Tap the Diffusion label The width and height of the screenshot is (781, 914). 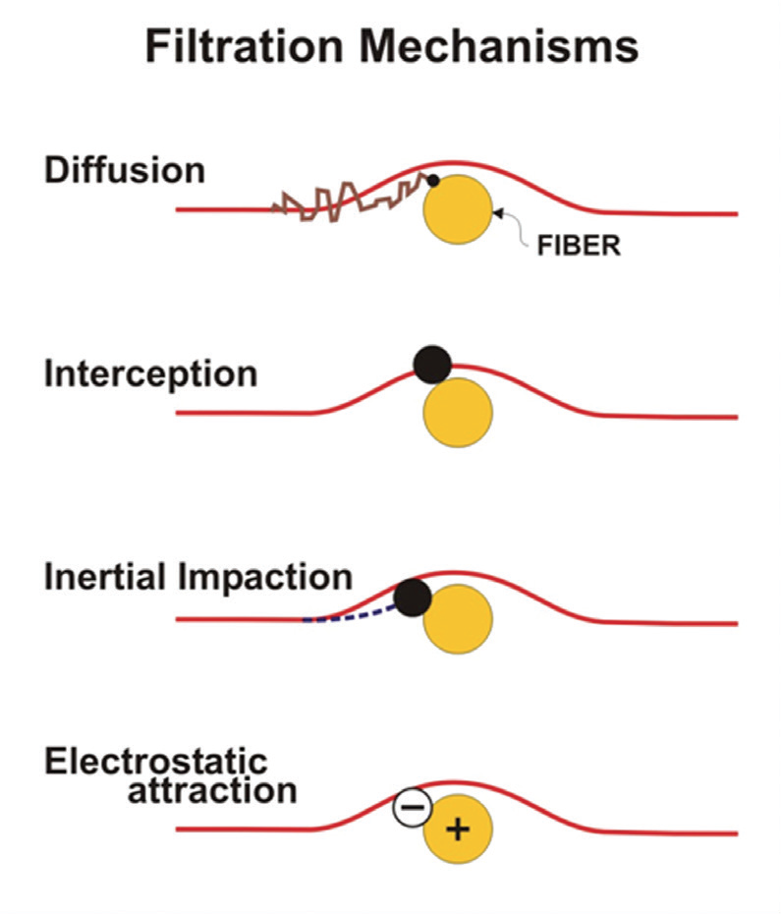[x=125, y=170]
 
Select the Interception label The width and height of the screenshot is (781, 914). [x=150, y=373]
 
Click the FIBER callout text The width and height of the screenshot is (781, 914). [x=579, y=245]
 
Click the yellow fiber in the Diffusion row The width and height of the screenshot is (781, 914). [x=458, y=211]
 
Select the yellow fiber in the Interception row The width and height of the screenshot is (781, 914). [x=458, y=414]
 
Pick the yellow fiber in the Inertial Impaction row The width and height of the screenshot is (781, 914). [x=458, y=619]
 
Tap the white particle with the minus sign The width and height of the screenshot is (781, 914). [x=413, y=808]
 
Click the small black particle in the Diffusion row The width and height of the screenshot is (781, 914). [x=433, y=180]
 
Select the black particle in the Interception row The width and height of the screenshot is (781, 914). [x=432, y=365]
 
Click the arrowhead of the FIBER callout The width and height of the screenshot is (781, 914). [x=497, y=210]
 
